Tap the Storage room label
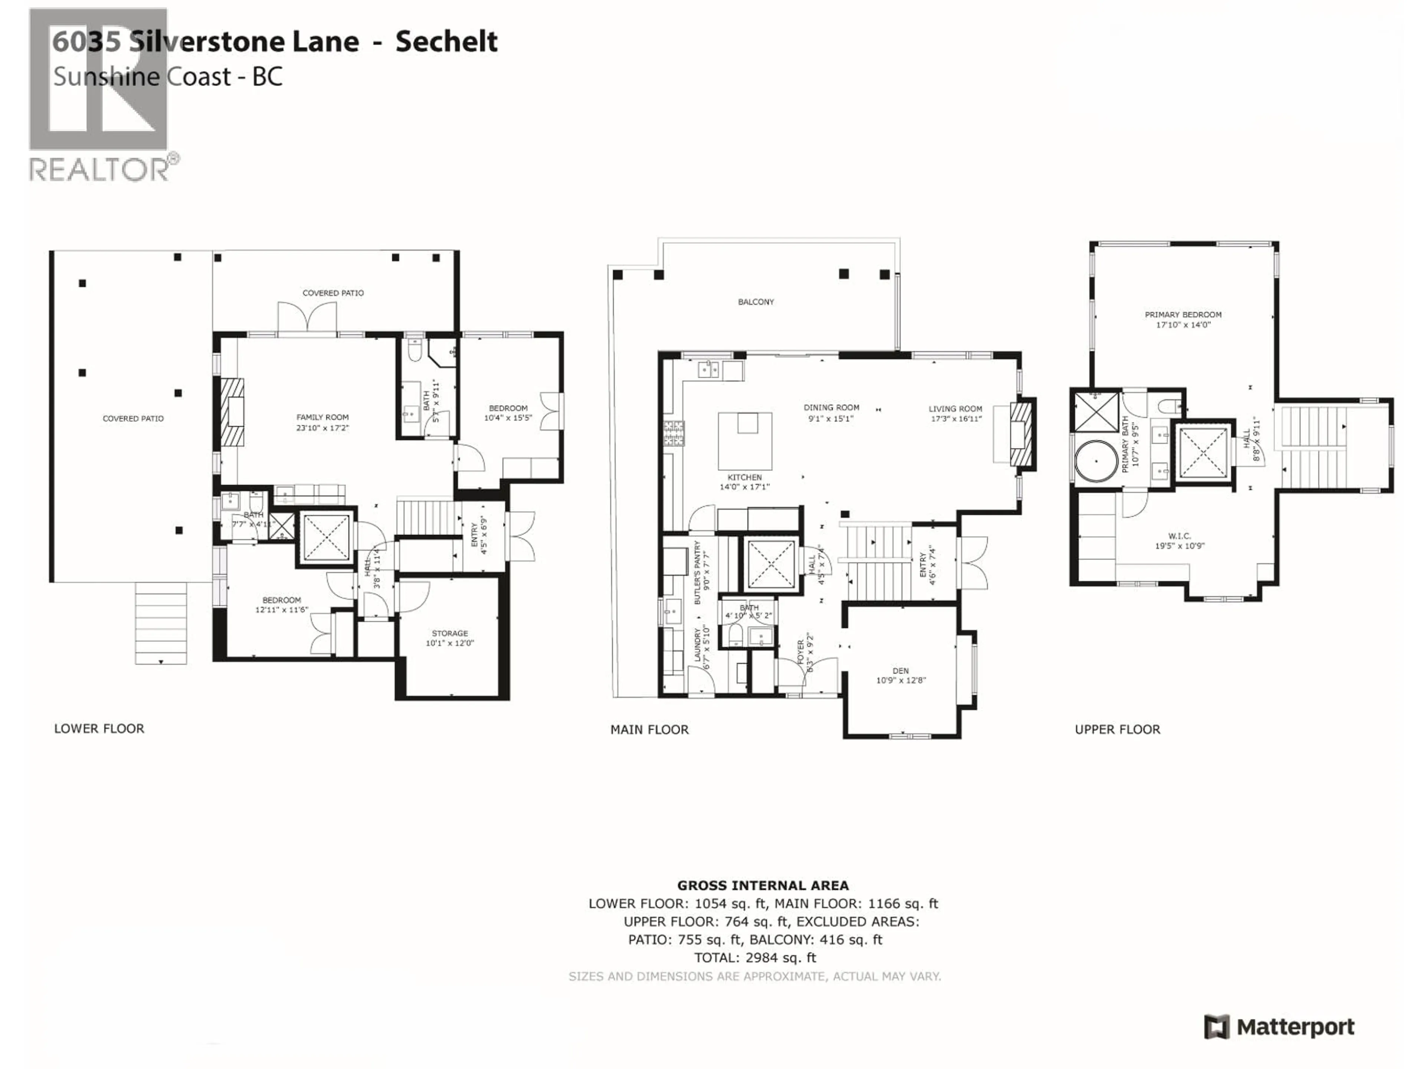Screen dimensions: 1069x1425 point(450,633)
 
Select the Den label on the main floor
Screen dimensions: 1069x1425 point(901,671)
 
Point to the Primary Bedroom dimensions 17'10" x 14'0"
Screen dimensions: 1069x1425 point(1183,325)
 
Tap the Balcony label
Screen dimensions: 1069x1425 point(756,301)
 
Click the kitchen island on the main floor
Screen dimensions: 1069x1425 point(746,441)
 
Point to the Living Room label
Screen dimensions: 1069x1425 point(955,409)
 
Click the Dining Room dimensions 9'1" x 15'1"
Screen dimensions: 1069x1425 point(831,418)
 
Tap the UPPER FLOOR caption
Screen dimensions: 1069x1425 point(1117,729)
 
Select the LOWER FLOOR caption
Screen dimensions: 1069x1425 point(99,729)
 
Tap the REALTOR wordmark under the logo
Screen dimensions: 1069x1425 point(100,170)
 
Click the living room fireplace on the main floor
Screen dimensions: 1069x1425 point(1022,434)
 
